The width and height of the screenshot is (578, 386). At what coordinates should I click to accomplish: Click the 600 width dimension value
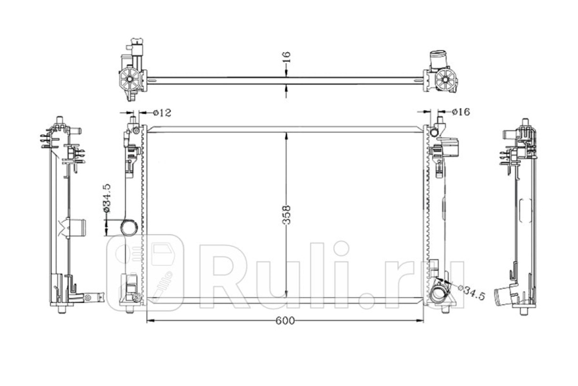tap(285, 320)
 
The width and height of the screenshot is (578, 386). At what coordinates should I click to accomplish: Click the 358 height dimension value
tap(287, 215)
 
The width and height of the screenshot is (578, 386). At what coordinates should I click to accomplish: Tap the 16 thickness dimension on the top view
tap(287, 57)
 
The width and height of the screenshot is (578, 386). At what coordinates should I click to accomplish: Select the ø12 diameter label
tap(162, 113)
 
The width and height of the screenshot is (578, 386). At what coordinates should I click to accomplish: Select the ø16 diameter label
tap(461, 112)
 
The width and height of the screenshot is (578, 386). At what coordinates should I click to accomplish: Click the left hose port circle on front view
tap(129, 228)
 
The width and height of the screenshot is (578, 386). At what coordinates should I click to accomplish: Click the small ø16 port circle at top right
tap(434, 132)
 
